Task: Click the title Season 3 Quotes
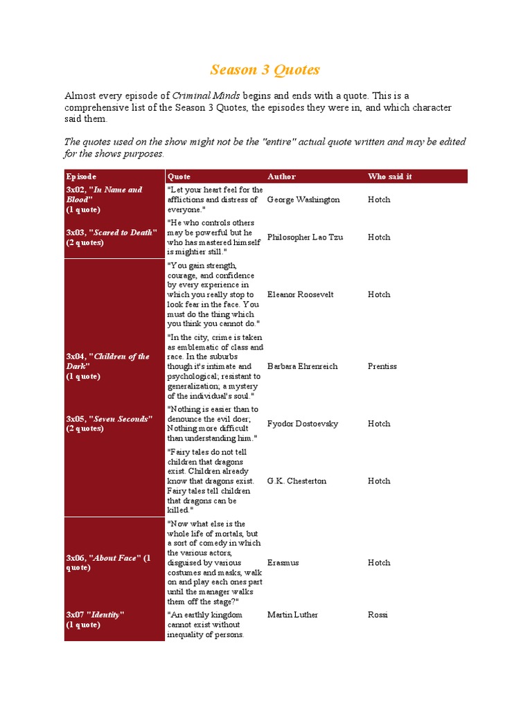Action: coord(265,70)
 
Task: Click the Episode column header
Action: coord(81,177)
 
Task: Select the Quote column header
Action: coord(179,177)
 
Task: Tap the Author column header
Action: coord(281,177)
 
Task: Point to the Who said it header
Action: coord(389,177)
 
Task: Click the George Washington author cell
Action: coord(303,199)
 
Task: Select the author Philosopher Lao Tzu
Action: coord(305,237)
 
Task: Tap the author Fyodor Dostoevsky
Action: coord(303,423)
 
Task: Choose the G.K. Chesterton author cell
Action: coord(296,481)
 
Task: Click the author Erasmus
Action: coord(283,563)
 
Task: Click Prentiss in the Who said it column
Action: coord(382,366)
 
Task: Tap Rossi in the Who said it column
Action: coord(378,615)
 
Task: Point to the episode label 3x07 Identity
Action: coord(95,619)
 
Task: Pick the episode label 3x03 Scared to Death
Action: coord(111,237)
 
